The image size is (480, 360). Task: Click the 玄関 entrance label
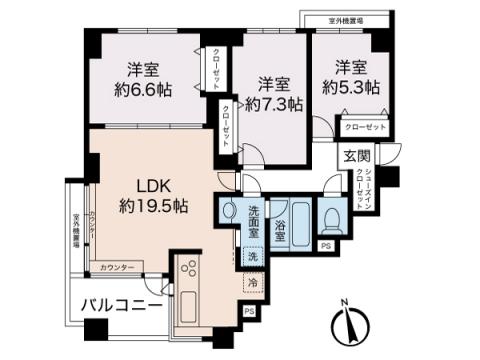[x=357, y=155]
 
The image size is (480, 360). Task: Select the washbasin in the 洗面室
[x=230, y=212]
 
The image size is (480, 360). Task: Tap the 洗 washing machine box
[x=252, y=257]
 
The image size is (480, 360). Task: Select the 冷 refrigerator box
[x=252, y=284]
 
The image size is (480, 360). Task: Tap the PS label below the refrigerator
[x=248, y=311]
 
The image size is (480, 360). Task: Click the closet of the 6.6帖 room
[x=216, y=70]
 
